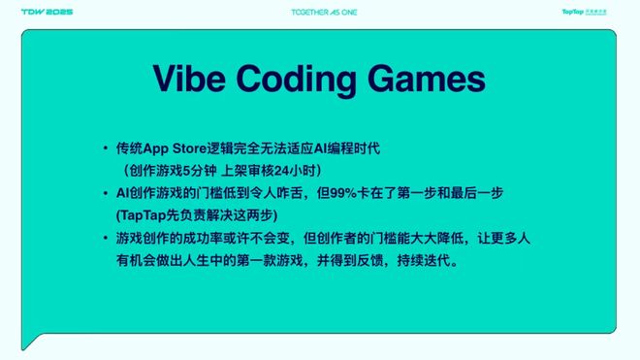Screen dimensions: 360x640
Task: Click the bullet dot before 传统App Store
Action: (106, 148)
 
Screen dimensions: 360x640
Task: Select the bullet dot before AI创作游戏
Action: (106, 193)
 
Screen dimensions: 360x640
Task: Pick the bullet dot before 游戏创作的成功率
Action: (106, 238)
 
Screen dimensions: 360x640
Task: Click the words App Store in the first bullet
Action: (176, 148)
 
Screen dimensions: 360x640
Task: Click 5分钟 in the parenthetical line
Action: (200, 171)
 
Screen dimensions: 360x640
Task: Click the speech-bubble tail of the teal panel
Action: (31, 342)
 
